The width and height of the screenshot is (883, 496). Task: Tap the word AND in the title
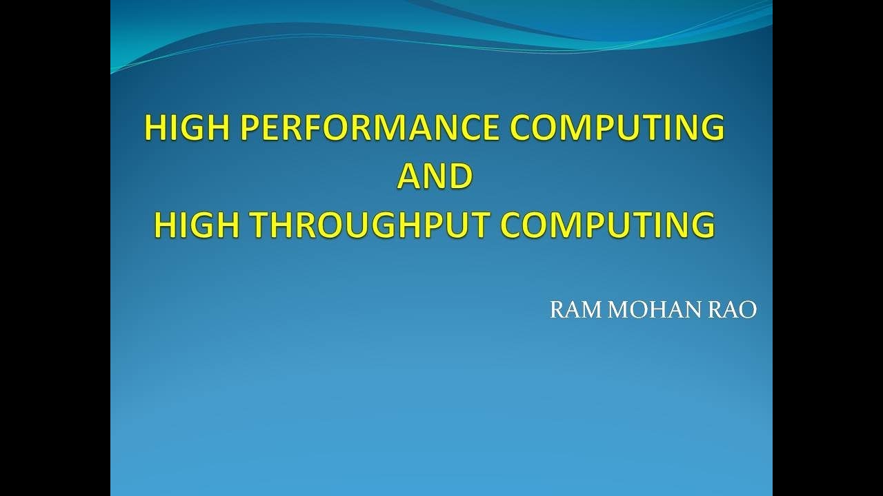(435, 176)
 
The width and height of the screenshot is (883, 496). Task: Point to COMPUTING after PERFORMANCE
(617, 128)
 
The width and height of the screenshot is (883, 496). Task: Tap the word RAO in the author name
(733, 311)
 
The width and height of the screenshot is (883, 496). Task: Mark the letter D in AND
(460, 176)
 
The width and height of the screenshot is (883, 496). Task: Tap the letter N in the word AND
(435, 176)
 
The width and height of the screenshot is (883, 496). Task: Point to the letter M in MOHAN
(618, 311)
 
